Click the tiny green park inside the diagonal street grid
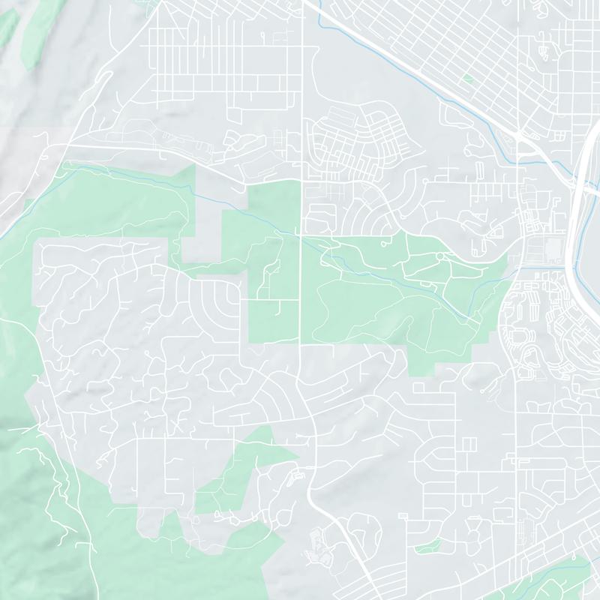[467, 77]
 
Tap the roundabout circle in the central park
[439, 257]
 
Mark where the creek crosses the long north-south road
[301, 235]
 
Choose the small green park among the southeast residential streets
[427, 545]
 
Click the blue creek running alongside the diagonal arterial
[390, 56]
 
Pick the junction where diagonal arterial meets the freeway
[520, 136]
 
